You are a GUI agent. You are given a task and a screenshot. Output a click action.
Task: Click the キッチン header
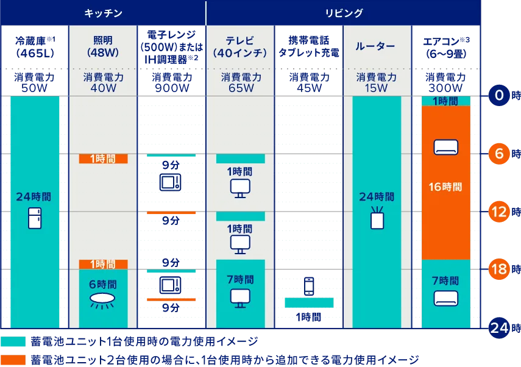point(103,13)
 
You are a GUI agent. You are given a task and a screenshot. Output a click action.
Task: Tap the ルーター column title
point(376,46)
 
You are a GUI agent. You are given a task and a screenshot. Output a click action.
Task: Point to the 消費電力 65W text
point(241,82)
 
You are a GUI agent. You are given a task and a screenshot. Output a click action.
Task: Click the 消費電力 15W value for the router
point(376,82)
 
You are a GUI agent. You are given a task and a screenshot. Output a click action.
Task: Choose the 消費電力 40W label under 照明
point(103,82)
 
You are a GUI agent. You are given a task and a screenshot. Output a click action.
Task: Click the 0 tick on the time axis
point(499,96)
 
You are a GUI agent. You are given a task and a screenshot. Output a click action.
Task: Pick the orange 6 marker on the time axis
point(499,154)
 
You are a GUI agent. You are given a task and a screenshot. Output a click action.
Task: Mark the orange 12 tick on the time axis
point(499,212)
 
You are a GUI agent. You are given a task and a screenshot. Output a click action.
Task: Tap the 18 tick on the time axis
point(499,269)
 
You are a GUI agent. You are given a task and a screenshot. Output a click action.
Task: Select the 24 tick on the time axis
point(499,327)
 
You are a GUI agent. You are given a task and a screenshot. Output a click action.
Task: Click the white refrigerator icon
point(34,218)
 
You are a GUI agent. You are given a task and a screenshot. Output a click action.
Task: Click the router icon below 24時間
point(377,218)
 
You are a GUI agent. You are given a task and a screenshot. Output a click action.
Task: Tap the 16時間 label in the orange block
point(445,187)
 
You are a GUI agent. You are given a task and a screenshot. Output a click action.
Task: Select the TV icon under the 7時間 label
point(240,298)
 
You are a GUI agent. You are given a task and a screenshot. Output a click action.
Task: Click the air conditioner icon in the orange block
point(445,146)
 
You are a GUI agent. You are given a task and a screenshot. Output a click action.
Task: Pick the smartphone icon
point(309,286)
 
